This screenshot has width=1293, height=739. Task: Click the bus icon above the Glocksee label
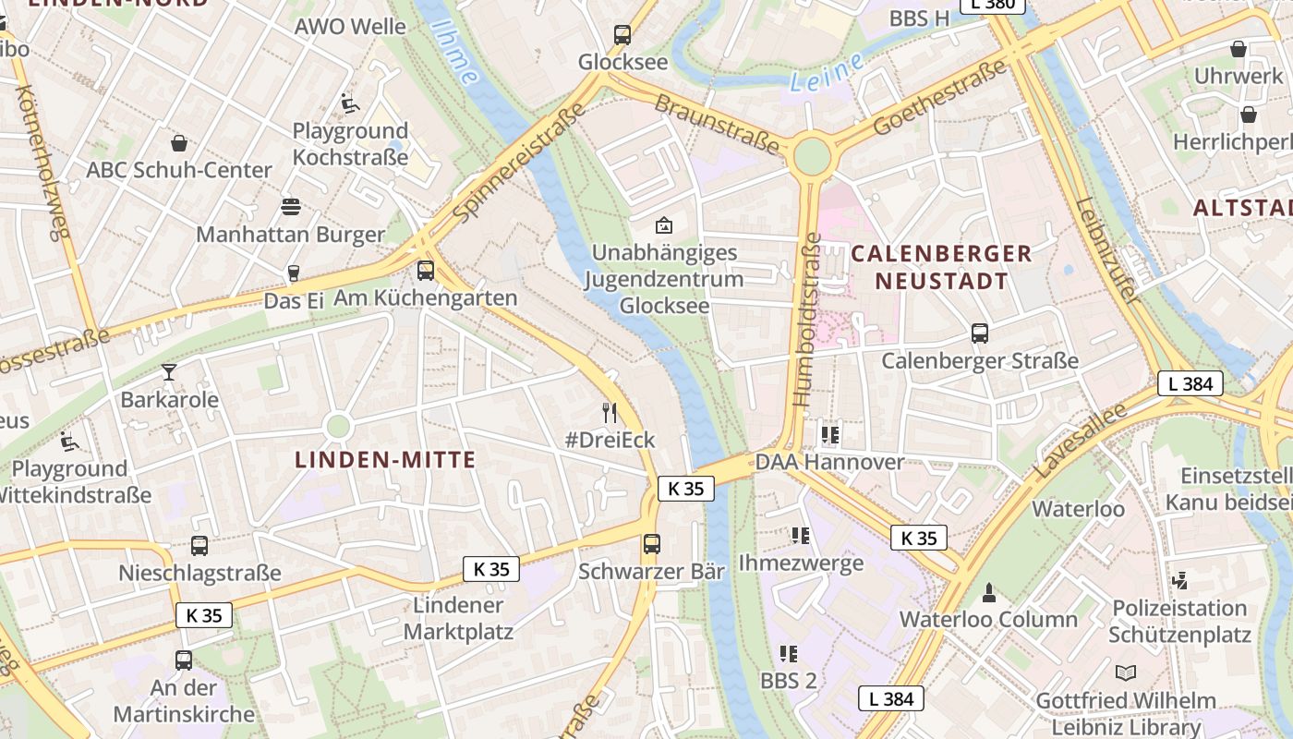coord(622,35)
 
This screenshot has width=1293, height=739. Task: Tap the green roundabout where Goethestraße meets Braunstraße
coord(811,156)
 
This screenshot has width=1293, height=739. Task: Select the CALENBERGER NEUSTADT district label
coord(941,267)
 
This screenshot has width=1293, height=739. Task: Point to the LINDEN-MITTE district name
coord(385,460)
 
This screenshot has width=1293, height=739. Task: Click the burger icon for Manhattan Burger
coord(291,206)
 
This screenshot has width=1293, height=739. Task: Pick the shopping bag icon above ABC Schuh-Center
coord(179,143)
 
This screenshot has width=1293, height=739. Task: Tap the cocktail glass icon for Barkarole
coord(169,372)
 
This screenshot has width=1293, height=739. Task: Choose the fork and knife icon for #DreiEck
coord(609,412)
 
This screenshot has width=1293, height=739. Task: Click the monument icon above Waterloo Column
coord(989,592)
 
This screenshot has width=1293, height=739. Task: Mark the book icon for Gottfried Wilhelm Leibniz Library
coord(1125,672)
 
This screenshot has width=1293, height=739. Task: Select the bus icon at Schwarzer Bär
coord(652,544)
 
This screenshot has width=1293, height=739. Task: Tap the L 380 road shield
coord(993,4)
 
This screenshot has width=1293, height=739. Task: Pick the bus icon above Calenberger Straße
coord(980,333)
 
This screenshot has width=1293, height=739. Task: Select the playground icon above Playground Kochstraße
coord(350,103)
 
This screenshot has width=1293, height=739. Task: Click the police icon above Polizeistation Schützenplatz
coord(1179,581)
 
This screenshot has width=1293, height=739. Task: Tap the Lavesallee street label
coord(1080,441)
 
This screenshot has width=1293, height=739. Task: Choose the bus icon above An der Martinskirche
coord(184,660)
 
